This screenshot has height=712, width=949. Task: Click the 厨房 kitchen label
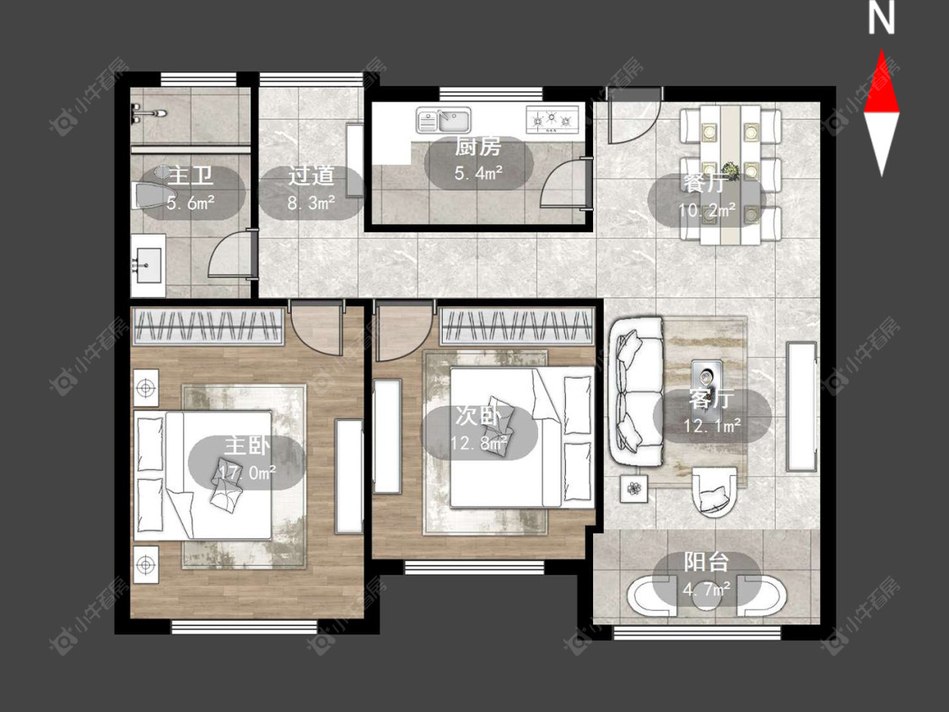click(x=478, y=147)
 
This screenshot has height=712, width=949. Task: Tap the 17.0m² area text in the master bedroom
click(x=247, y=472)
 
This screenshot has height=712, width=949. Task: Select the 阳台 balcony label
click(x=706, y=562)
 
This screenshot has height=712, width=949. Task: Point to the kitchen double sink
click(x=444, y=120)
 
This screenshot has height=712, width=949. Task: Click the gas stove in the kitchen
click(x=553, y=119)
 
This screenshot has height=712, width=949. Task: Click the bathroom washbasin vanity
click(x=148, y=266)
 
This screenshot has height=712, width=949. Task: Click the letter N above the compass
click(x=882, y=18)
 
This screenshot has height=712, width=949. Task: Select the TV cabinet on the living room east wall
click(x=801, y=407)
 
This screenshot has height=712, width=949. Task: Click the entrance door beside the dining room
click(x=633, y=117)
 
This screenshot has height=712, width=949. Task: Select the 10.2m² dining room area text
click(x=707, y=210)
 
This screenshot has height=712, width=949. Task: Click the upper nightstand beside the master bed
click(x=146, y=387)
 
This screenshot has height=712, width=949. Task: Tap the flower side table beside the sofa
click(x=634, y=488)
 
